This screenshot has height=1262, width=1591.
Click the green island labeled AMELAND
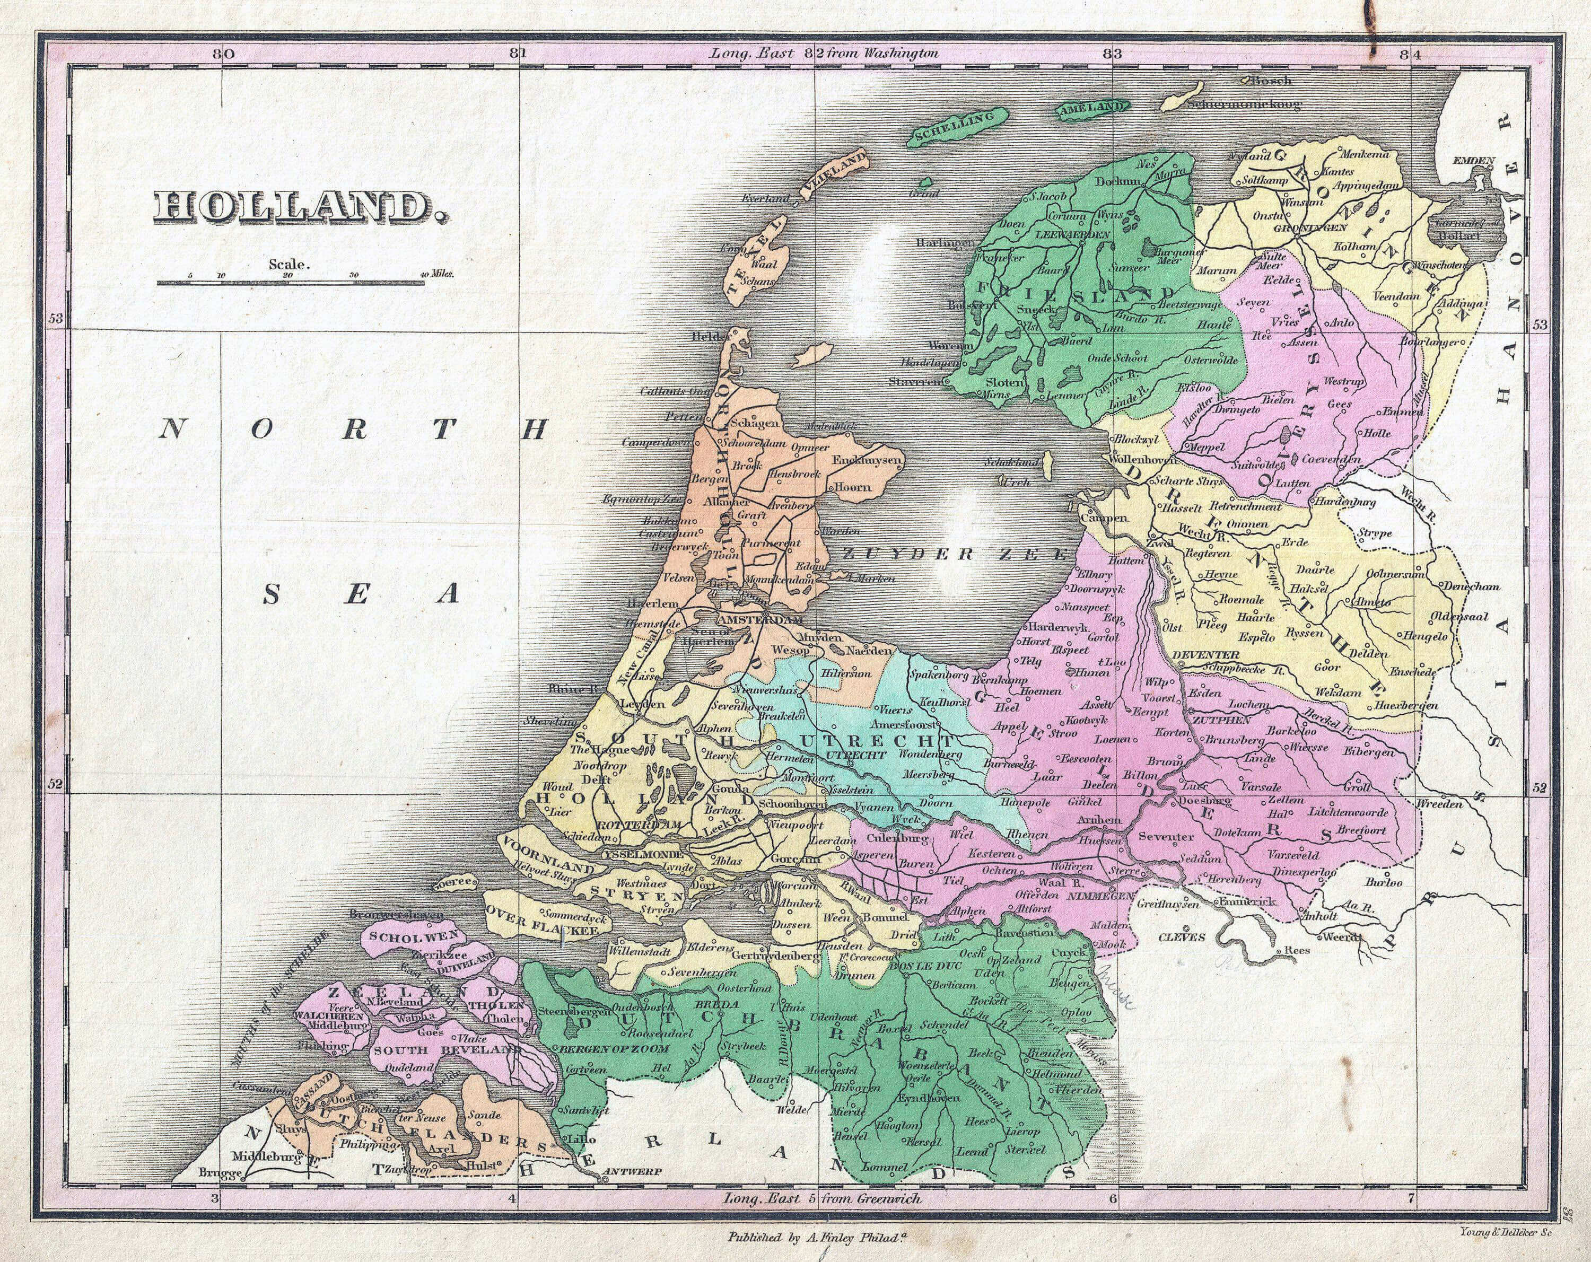pyautogui.click(x=1092, y=109)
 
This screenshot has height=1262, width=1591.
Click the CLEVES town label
pyautogui.click(x=1182, y=938)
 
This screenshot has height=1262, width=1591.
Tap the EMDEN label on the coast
pyautogui.click(x=1473, y=160)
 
